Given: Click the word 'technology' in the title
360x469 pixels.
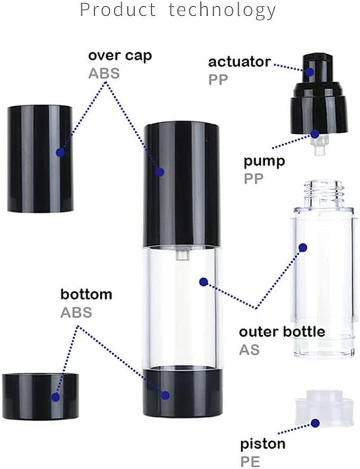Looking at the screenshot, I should [x=222, y=10].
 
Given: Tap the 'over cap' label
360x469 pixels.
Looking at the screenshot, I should [x=120, y=56].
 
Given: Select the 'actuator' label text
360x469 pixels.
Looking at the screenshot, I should [x=239, y=62].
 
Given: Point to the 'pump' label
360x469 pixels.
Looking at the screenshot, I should [x=265, y=161].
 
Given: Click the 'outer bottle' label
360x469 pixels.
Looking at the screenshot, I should [x=282, y=332].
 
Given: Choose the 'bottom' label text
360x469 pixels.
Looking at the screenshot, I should [x=86, y=295].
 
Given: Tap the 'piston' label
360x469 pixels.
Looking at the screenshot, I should [x=262, y=444].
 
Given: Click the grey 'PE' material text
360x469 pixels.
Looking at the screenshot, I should [x=250, y=460].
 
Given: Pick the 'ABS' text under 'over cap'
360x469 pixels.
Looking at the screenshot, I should [x=104, y=73].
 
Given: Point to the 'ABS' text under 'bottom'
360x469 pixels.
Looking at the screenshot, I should [x=76, y=311].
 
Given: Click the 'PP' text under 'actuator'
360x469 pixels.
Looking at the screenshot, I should [x=218, y=79].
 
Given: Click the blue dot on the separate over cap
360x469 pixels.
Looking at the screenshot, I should [x=60, y=153].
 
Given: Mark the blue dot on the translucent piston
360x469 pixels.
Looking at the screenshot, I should [x=315, y=423].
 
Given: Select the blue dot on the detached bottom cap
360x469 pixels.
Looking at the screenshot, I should [x=55, y=397].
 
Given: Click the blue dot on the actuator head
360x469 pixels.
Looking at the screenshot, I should [x=310, y=71].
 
